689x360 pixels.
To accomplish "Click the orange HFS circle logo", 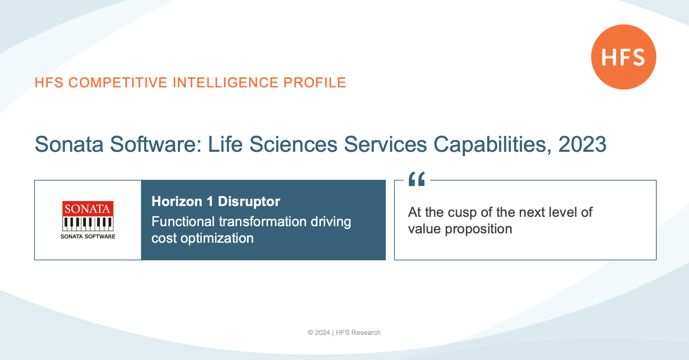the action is pyautogui.click(x=624, y=57).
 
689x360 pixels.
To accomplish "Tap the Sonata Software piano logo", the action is pyautogui.click(x=88, y=216).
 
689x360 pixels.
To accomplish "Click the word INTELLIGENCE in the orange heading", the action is pyautogui.click(x=226, y=83).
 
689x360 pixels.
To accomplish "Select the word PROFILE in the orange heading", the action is pyautogui.click(x=315, y=83).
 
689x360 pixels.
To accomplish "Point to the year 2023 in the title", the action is pyautogui.click(x=582, y=144).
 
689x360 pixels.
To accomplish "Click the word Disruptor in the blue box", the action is pyautogui.click(x=249, y=201).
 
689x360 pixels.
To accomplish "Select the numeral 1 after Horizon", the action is pyautogui.click(x=210, y=201).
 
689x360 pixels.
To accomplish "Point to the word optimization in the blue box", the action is pyautogui.click(x=217, y=238).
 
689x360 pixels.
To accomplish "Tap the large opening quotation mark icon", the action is pyautogui.click(x=417, y=179).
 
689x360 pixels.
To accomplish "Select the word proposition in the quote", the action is pyautogui.click(x=478, y=229).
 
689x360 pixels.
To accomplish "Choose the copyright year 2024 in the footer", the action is pyautogui.click(x=322, y=333).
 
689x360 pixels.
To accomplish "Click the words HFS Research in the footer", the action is pyautogui.click(x=358, y=333).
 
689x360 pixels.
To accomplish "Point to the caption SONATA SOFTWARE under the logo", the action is pyautogui.click(x=88, y=237).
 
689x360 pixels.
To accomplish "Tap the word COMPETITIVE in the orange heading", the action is pyautogui.click(x=118, y=83).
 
